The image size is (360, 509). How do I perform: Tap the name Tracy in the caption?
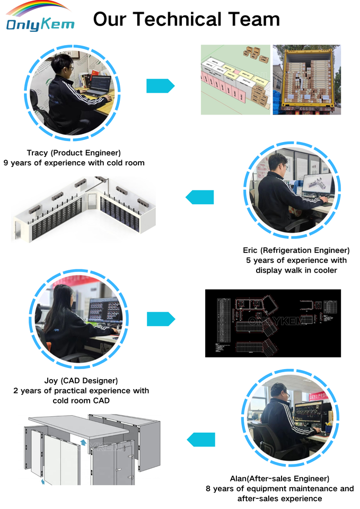(x=38, y=153)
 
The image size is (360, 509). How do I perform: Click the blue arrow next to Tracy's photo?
(x=160, y=85)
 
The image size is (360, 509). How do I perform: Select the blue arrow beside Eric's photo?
(x=199, y=197)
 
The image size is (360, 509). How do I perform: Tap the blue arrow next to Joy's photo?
(x=161, y=319)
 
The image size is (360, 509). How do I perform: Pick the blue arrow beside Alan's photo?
(x=201, y=440)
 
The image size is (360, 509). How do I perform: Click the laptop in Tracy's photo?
(x=100, y=86)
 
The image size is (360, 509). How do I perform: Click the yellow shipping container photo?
(x=306, y=80)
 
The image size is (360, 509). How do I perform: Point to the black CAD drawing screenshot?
(x=273, y=323)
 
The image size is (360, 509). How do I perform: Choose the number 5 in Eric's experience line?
(x=248, y=260)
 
